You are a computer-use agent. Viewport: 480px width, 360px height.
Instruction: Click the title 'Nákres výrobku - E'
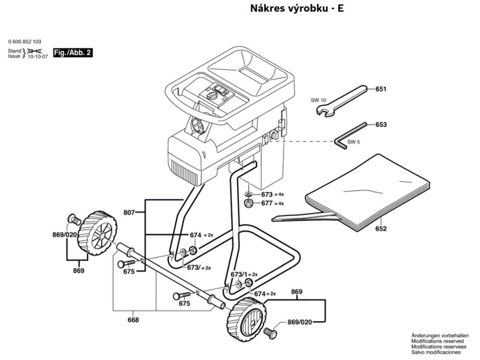(297, 8)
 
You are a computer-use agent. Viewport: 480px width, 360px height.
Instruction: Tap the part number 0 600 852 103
(28, 42)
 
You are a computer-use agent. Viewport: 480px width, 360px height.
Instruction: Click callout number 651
(381, 88)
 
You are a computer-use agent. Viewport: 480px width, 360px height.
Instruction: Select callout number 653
(381, 125)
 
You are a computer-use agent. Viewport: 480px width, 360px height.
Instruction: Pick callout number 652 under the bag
(381, 229)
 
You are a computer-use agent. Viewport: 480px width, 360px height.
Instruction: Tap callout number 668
(133, 320)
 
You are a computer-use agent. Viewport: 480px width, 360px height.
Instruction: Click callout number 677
(267, 203)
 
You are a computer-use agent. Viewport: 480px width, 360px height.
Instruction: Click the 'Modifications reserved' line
(437, 341)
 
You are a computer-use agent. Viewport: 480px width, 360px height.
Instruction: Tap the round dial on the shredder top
(213, 96)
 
